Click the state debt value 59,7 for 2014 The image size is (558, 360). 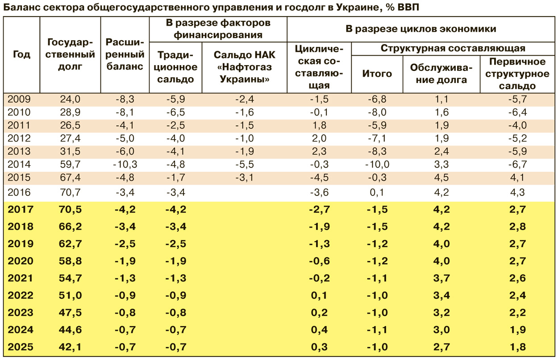click(x=71, y=165)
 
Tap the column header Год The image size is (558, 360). click(x=21, y=55)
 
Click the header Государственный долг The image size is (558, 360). click(x=71, y=55)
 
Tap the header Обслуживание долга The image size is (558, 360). click(x=441, y=74)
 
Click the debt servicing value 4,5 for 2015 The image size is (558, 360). click(x=441, y=178)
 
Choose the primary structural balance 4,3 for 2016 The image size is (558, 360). click(x=518, y=193)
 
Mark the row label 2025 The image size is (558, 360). click(x=21, y=347)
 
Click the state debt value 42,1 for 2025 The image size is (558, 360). click(x=71, y=347)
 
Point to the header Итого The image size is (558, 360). click(x=377, y=74)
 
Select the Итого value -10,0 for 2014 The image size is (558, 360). click(x=377, y=165)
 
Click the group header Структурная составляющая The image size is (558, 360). click(x=453, y=48)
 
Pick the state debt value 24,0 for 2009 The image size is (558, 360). click(x=71, y=99)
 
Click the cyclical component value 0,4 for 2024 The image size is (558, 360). click(x=319, y=330)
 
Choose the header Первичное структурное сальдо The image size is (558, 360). click(x=518, y=74)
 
